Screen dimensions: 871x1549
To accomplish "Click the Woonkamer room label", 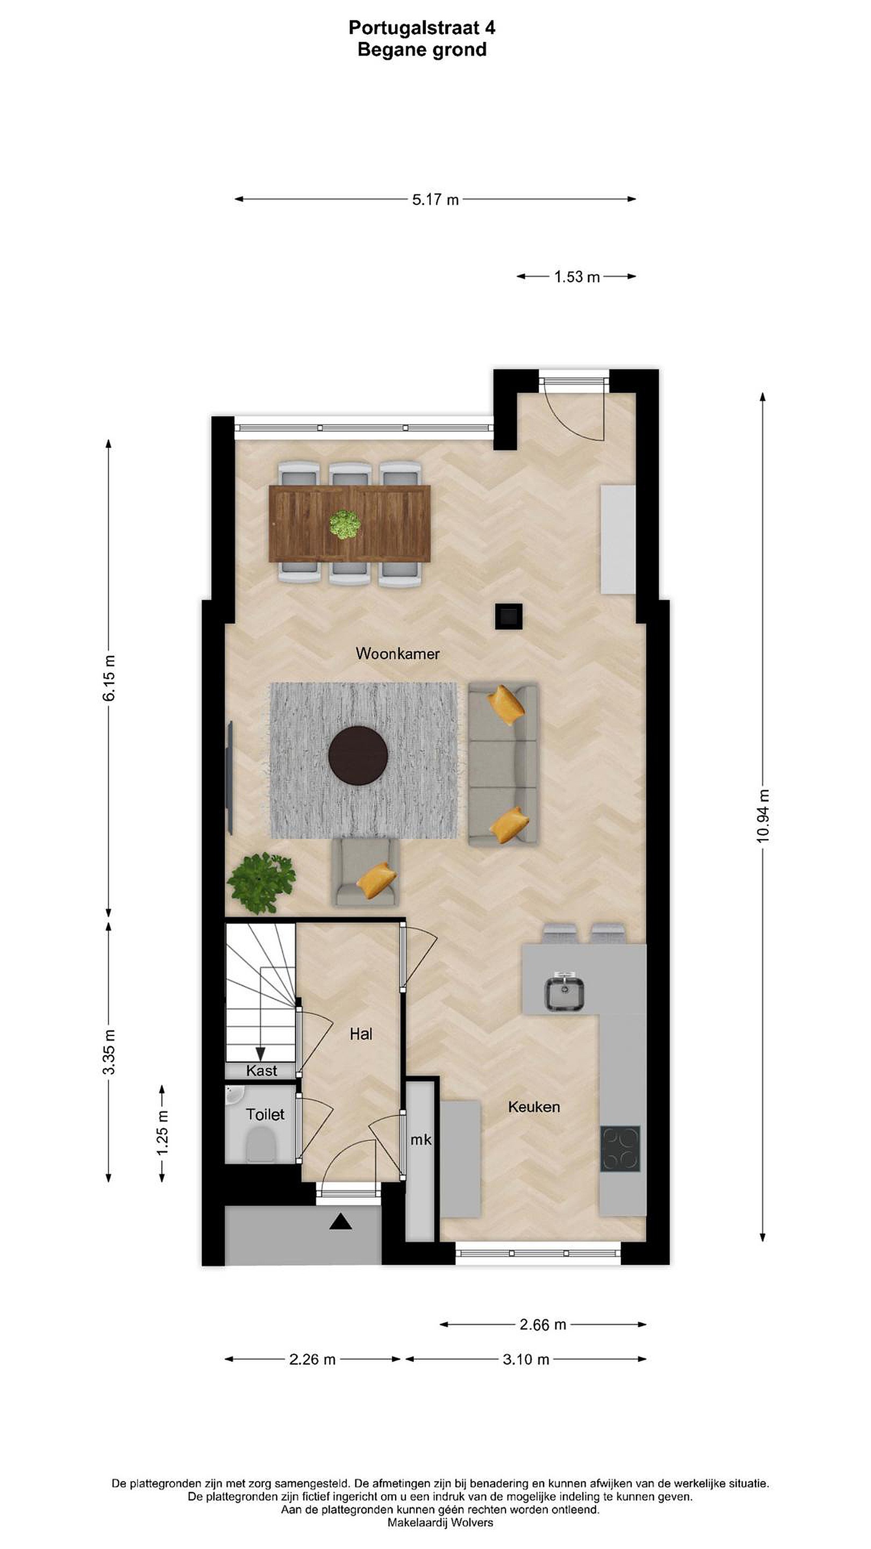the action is coord(397,653).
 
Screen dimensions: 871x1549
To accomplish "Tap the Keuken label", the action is coord(534,1106).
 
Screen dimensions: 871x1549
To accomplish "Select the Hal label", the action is coord(361,1034).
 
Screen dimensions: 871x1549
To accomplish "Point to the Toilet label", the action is coord(265,1114).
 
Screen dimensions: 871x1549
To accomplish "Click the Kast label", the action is coord(261,1070).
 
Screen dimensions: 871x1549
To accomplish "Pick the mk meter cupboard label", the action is coord(421,1140).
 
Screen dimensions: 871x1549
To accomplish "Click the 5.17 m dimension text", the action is coord(435,200).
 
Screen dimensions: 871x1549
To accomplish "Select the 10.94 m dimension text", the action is coord(763,816).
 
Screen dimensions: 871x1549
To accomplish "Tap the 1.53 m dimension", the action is coord(577,276).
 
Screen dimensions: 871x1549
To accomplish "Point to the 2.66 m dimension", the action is coord(543,1325).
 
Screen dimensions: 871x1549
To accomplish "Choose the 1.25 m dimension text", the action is coord(162,1133).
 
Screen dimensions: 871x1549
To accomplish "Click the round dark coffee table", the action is coord(358,755).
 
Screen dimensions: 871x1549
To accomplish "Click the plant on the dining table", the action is coord(345,524).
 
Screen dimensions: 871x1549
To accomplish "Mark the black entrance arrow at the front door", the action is coord(340,1221).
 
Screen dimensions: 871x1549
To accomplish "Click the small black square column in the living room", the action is coord(509,616).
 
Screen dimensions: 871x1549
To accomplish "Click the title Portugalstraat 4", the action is coord(422,27).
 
